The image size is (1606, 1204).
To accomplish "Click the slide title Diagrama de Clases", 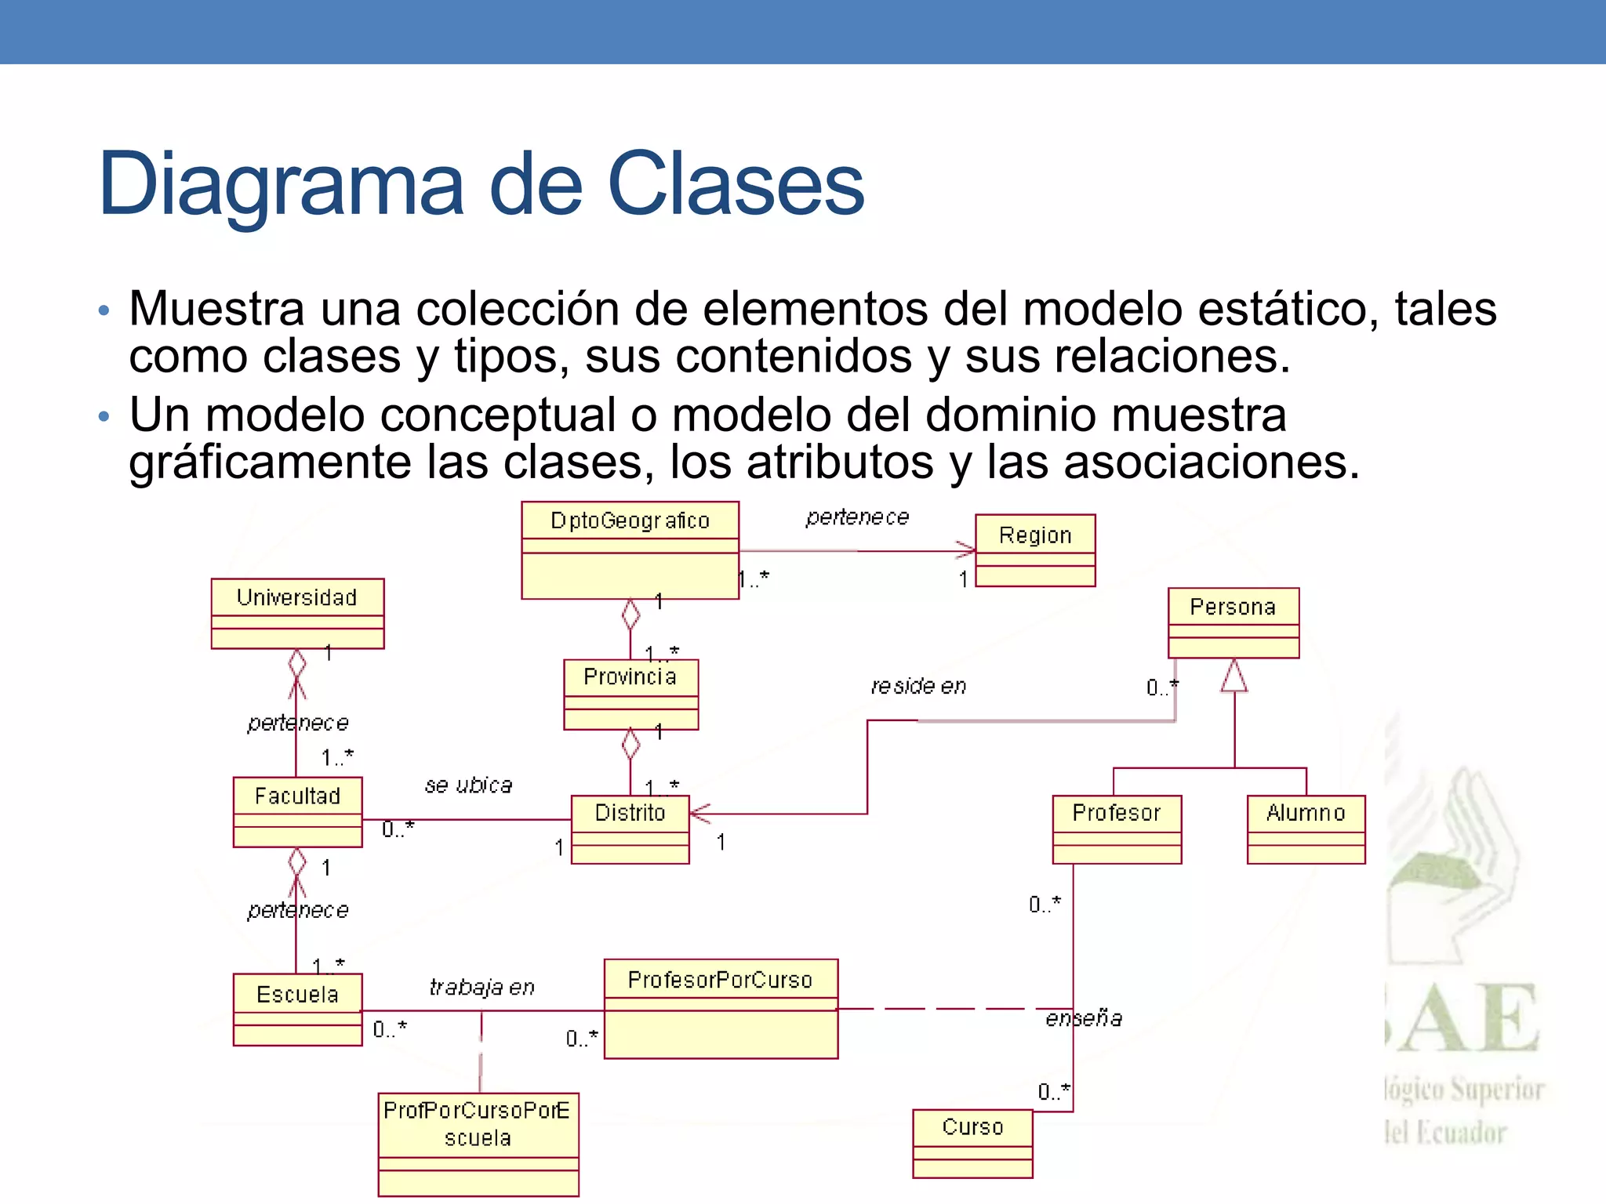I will pyautogui.click(x=481, y=185).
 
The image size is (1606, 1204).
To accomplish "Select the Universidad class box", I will pyautogui.click(x=297, y=613).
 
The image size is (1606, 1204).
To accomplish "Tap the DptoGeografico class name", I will pyautogui.click(x=630, y=520).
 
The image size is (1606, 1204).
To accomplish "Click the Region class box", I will pyautogui.click(x=1034, y=550).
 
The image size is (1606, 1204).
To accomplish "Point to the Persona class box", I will pyautogui.click(x=1233, y=622).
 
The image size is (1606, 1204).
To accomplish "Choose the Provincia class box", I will pyautogui.click(x=630, y=694).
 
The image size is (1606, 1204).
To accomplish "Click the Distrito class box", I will pyautogui.click(x=630, y=829).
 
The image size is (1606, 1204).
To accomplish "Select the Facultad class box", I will pyautogui.click(x=297, y=811).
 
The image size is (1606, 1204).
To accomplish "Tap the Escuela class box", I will pyautogui.click(x=297, y=1009).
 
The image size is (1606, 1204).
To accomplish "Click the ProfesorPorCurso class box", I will pyautogui.click(x=721, y=1008).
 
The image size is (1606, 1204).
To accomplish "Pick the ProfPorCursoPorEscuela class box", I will pyautogui.click(x=478, y=1144).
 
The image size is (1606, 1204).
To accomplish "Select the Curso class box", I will pyautogui.click(x=972, y=1143).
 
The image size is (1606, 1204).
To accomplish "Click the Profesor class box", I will pyautogui.click(x=1117, y=829).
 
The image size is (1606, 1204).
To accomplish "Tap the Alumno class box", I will pyautogui.click(x=1306, y=829).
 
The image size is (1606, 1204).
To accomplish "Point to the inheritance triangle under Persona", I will pyautogui.click(x=1234, y=676).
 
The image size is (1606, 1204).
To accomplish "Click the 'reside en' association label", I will pyautogui.click(x=918, y=687).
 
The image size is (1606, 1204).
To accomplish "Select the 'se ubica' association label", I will pyautogui.click(x=468, y=785).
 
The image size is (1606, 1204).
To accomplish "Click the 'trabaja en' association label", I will pyautogui.click(x=481, y=988).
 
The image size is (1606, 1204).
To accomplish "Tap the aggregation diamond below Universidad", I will pyautogui.click(x=296, y=664).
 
